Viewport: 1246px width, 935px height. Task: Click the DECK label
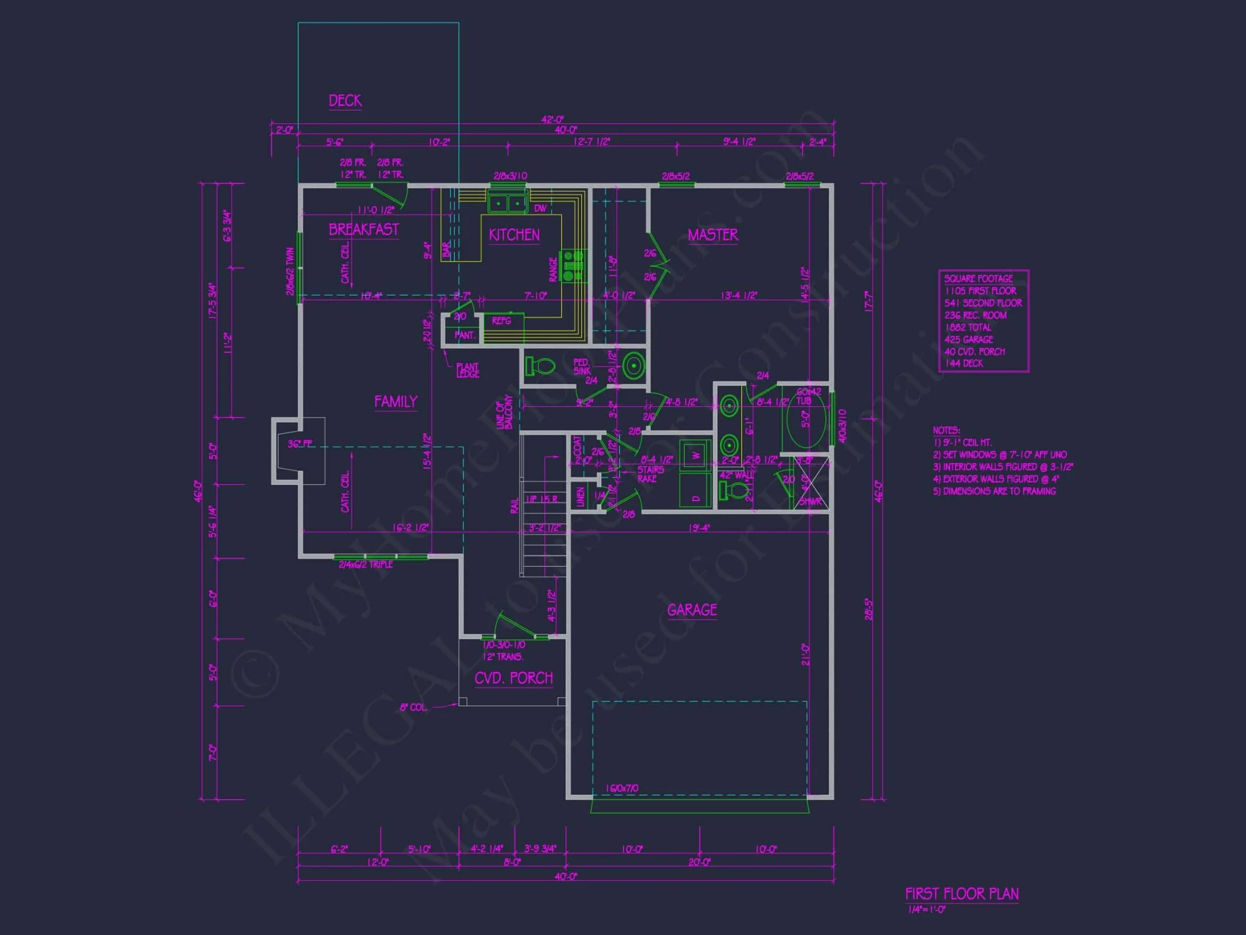pyautogui.click(x=345, y=101)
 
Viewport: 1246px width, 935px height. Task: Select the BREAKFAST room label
pyautogui.click(x=363, y=229)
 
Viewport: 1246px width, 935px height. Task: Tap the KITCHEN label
pyautogui.click(x=514, y=235)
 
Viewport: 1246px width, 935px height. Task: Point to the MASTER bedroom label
pyautogui.click(x=713, y=235)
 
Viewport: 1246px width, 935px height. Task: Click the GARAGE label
pyautogui.click(x=692, y=610)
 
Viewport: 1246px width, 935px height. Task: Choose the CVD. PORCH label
pyautogui.click(x=513, y=678)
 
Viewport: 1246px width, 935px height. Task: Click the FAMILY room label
pyautogui.click(x=396, y=402)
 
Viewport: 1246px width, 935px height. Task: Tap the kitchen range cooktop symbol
pyautogui.click(x=573, y=266)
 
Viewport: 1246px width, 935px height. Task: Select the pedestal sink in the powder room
pyautogui.click(x=634, y=366)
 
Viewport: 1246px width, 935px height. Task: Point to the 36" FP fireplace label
pyautogui.click(x=300, y=444)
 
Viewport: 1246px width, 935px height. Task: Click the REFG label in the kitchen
pyautogui.click(x=502, y=321)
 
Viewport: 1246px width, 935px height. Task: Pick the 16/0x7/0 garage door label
pyautogui.click(x=622, y=789)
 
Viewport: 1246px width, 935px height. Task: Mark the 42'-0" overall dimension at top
pyautogui.click(x=552, y=120)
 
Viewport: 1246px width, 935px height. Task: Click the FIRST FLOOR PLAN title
pyautogui.click(x=961, y=894)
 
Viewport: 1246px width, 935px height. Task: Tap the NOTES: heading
pyautogui.click(x=946, y=431)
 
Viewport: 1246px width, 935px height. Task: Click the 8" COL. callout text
pyautogui.click(x=413, y=707)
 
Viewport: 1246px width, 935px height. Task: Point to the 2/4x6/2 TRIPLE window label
pyautogui.click(x=366, y=565)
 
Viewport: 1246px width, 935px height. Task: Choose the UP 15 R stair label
pyautogui.click(x=542, y=499)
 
